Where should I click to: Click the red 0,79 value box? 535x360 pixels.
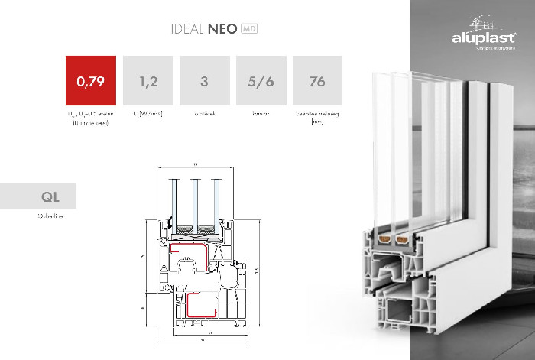90,80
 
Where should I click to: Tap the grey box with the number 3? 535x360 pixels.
204,80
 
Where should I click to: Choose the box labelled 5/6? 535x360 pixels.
261,80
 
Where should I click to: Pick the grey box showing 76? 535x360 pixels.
318,80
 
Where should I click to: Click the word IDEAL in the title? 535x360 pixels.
188,30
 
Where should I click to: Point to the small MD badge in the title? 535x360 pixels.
248,30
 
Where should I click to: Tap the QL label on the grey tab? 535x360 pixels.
50,197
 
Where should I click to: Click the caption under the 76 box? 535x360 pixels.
318,116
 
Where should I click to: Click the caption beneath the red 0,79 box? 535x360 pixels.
90,116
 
